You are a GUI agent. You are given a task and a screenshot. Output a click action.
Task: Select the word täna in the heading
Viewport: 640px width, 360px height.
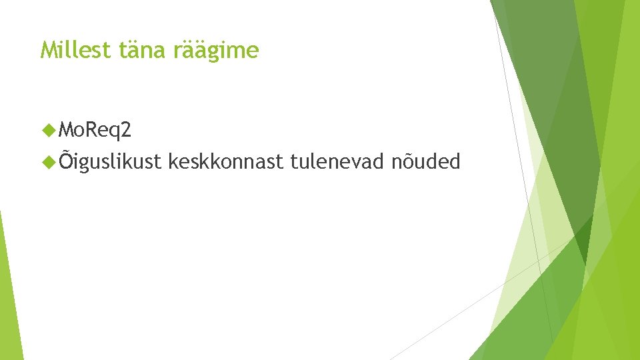click(x=143, y=49)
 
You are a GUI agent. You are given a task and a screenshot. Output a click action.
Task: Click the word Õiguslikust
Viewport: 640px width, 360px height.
click(x=110, y=161)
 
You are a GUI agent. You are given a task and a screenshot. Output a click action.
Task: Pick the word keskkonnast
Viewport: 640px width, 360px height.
click(x=226, y=161)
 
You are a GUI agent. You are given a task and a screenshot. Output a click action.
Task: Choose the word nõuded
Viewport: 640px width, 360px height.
click(x=426, y=161)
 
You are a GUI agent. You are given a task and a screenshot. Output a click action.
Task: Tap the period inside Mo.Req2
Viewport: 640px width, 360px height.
click(x=88, y=135)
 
